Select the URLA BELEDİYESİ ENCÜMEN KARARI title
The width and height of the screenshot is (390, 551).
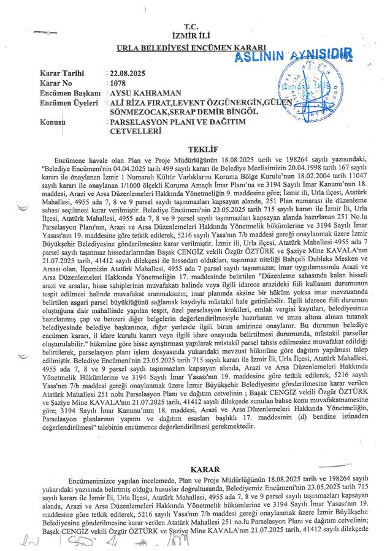pos(196,48)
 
